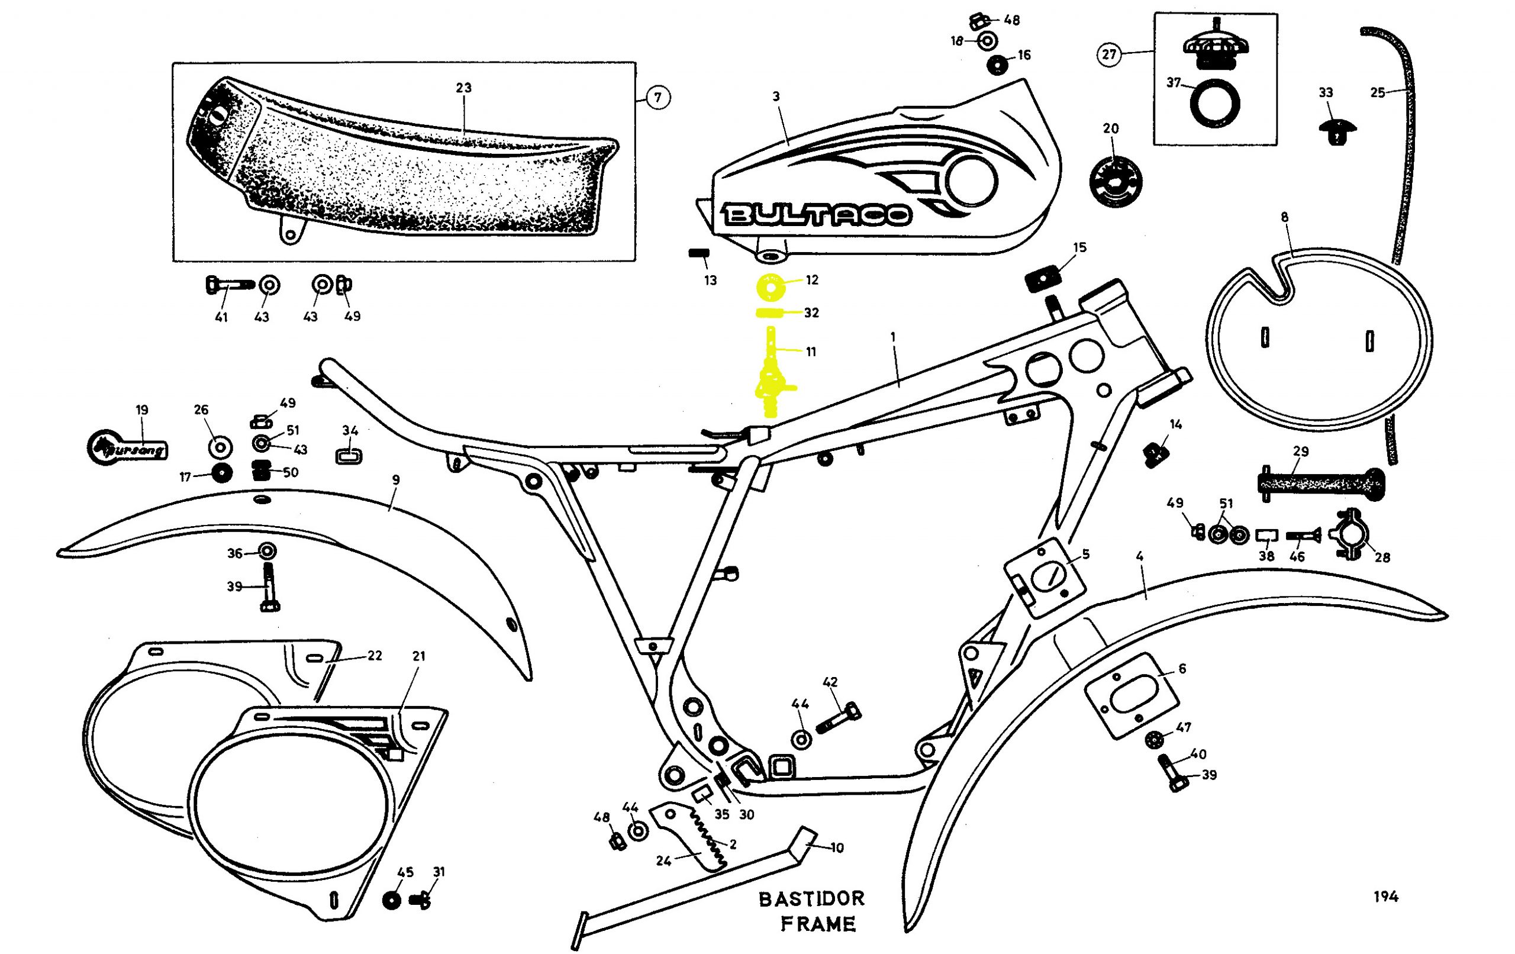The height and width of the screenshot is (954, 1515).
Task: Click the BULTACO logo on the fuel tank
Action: click(817, 215)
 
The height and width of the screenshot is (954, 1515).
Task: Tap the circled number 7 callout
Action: click(657, 98)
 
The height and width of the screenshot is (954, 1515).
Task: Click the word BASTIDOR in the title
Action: click(811, 898)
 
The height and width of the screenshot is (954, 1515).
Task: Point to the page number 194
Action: click(1385, 896)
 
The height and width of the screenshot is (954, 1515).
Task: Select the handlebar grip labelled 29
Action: click(1320, 484)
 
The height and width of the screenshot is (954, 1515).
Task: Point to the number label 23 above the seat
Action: click(464, 88)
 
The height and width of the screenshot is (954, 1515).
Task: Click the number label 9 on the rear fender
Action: click(395, 480)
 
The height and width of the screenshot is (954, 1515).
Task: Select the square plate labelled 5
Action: click(1044, 578)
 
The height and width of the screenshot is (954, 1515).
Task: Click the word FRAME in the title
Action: click(818, 924)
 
